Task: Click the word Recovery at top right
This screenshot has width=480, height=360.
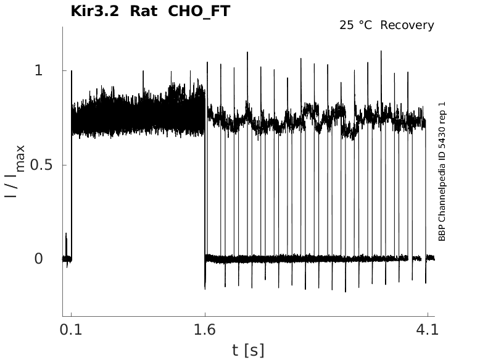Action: [407, 25]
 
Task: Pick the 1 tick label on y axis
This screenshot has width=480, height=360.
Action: [39, 71]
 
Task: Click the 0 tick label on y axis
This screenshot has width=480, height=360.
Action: [39, 259]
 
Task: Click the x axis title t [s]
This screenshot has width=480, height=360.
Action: [248, 350]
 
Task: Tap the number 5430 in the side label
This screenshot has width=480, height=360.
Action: [442, 137]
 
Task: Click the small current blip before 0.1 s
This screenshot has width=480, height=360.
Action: [66, 235]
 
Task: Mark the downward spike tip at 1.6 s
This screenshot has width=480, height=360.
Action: [205, 288]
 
